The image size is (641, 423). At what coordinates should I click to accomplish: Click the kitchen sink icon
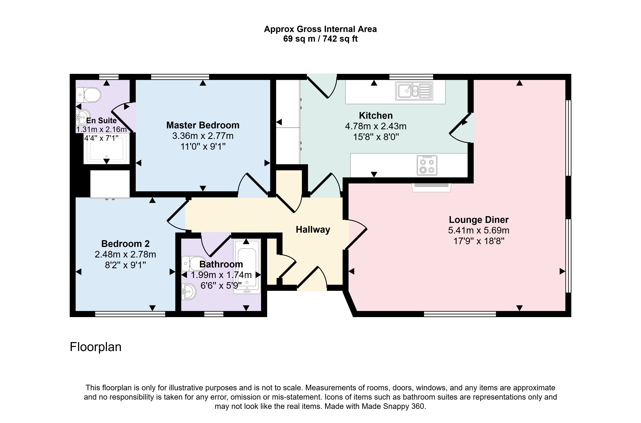click(x=414, y=91)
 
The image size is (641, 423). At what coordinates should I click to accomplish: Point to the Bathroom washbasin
click(x=189, y=292)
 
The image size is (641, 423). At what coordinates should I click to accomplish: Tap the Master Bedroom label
click(x=203, y=125)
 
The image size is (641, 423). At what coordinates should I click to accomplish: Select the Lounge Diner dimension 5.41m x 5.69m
click(x=479, y=230)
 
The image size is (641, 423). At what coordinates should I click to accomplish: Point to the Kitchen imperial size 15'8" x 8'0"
click(x=376, y=137)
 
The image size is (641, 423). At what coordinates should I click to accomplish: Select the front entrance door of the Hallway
click(x=312, y=281)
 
